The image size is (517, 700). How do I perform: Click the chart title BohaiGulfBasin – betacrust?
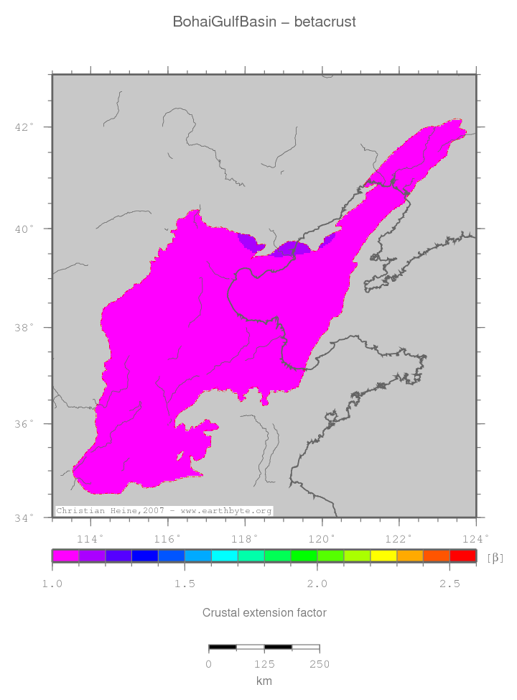264,22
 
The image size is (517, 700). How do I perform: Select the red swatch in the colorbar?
462,556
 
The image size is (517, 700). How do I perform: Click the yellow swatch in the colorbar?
383,556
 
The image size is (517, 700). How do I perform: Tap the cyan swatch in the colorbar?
224,556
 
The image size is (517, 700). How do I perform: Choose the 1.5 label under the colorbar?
185,584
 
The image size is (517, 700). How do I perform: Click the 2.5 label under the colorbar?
450,584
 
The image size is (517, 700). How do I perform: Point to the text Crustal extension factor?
264,613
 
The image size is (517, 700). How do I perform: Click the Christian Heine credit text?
164,511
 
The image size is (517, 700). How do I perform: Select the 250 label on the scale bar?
320,665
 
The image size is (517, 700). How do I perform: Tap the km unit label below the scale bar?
264,681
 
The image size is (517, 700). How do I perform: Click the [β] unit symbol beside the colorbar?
495,557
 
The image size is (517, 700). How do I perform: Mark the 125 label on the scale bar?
264,665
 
